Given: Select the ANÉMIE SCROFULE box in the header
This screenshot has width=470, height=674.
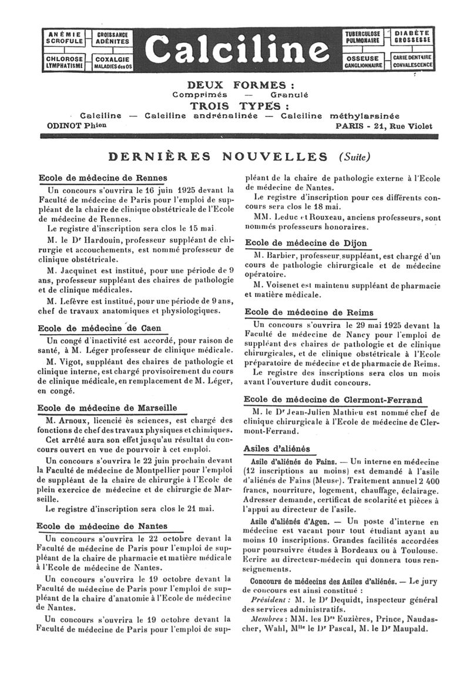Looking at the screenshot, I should [x=64, y=37].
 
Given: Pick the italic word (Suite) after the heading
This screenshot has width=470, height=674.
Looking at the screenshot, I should [x=354, y=157].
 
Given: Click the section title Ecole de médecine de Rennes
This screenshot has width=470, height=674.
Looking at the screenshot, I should [x=103, y=178].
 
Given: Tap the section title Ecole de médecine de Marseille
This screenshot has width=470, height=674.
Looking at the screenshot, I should [x=106, y=408].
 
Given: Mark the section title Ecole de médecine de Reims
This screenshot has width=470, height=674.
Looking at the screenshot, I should [x=308, y=312].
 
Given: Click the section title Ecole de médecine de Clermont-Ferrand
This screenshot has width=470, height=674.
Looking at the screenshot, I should [x=333, y=400].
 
